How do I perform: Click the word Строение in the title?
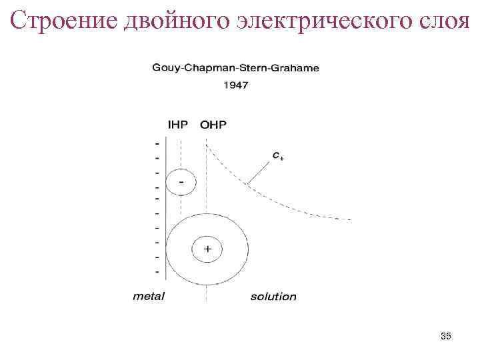[x=64, y=21]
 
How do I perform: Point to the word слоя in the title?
[x=443, y=21]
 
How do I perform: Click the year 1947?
[x=235, y=85]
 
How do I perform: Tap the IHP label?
[x=179, y=124]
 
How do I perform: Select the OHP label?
[x=213, y=124]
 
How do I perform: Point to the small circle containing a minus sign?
[x=180, y=181]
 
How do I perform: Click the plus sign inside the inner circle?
[x=207, y=249]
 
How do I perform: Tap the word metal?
[x=149, y=296]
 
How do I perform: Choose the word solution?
[x=273, y=296]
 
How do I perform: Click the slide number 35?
[x=446, y=337]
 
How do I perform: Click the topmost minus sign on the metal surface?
[x=157, y=143]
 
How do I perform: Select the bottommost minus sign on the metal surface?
[x=157, y=271]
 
